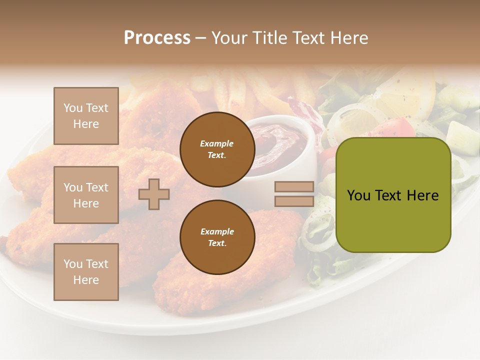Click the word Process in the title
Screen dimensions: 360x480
click(x=157, y=38)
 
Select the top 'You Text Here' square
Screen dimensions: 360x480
click(x=86, y=116)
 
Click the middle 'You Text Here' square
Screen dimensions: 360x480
click(x=86, y=195)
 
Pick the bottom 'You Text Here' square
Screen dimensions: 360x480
click(x=86, y=272)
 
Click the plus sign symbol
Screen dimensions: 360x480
click(x=154, y=194)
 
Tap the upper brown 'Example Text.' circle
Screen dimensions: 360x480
click(x=217, y=149)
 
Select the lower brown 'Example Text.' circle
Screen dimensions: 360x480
click(x=217, y=237)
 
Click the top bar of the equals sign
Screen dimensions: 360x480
click(x=294, y=187)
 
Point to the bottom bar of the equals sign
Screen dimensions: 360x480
click(x=294, y=201)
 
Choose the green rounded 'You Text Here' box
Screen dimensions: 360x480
click(x=393, y=195)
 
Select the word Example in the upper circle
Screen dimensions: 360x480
click(x=217, y=143)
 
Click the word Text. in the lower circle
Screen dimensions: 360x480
click(x=217, y=243)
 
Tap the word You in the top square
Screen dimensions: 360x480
click(x=72, y=108)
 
